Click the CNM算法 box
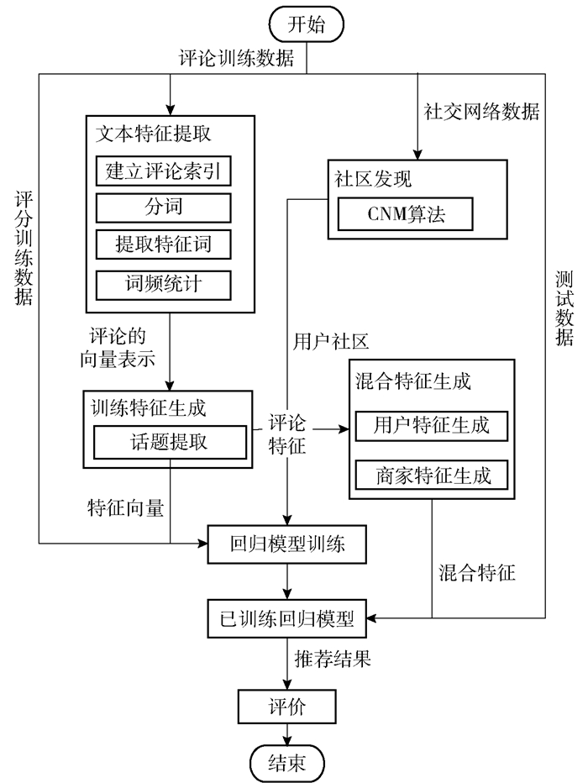pos(405,214)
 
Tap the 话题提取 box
pos(170,443)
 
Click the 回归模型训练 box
pos(287,547)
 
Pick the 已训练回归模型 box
pos(287,619)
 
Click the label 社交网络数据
pos(481,112)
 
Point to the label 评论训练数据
pos(236,59)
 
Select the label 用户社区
pos(331,341)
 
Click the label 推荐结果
pos(332,659)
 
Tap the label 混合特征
pos(477,574)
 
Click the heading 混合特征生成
pos(413,381)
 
